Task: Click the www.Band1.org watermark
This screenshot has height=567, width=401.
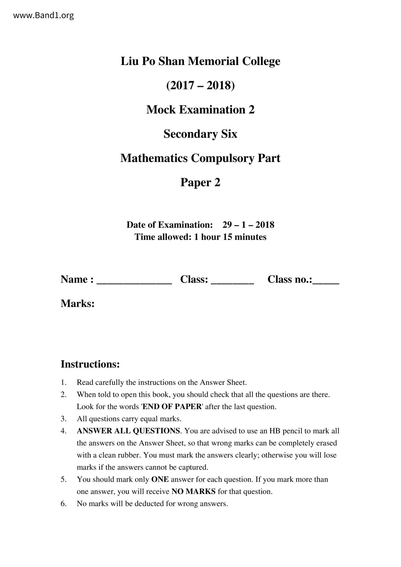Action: point(43,15)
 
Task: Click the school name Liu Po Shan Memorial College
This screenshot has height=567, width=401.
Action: point(200,61)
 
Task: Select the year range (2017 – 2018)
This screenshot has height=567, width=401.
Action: point(200,85)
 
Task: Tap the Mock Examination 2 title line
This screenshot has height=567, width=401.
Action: point(200,110)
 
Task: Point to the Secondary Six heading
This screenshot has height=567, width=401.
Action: point(200,134)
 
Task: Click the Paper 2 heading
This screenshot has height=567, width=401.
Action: point(200,182)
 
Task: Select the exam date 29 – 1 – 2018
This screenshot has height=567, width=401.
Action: point(248,225)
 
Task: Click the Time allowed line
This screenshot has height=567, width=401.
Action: point(200,237)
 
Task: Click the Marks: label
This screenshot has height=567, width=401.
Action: point(78,304)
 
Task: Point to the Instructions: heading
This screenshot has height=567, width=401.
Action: point(90,364)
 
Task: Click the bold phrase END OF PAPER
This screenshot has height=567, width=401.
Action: point(172,407)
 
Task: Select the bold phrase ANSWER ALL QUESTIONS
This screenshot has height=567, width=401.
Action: point(128,431)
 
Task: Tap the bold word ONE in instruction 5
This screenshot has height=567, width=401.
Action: point(160,479)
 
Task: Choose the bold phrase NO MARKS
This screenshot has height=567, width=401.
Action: point(193,492)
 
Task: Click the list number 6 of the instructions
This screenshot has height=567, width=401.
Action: point(63,504)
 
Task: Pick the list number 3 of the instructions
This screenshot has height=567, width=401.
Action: point(63,419)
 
